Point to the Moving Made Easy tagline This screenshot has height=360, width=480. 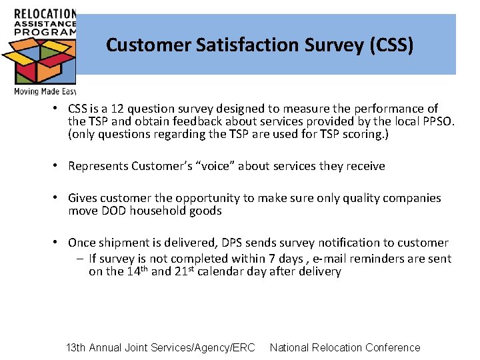(x=45, y=91)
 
